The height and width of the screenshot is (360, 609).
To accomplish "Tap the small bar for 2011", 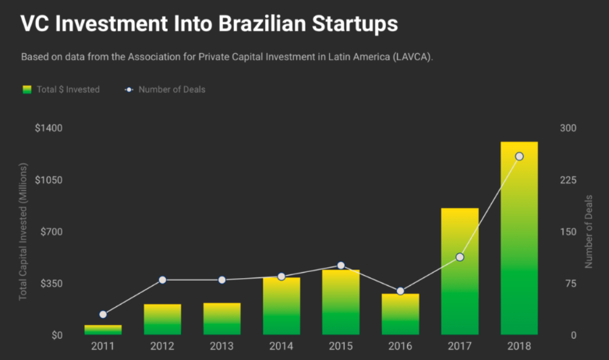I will [x=103, y=330].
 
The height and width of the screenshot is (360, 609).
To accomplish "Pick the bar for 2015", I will [x=341, y=302].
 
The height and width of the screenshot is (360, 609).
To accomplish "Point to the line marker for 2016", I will [x=400, y=291].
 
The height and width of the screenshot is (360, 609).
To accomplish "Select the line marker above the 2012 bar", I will [x=162, y=280].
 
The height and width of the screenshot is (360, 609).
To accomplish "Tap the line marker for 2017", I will [x=460, y=257].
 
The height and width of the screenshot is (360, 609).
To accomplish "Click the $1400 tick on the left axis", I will [x=48, y=128].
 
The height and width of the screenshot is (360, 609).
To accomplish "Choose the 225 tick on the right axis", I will [x=568, y=180].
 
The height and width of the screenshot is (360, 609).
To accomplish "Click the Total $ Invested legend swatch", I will [x=27, y=90].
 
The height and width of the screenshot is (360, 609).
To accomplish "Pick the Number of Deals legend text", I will [x=172, y=90].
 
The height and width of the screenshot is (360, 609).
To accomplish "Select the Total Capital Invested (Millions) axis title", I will [x=23, y=231].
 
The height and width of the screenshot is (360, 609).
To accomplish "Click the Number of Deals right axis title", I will [x=589, y=231].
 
